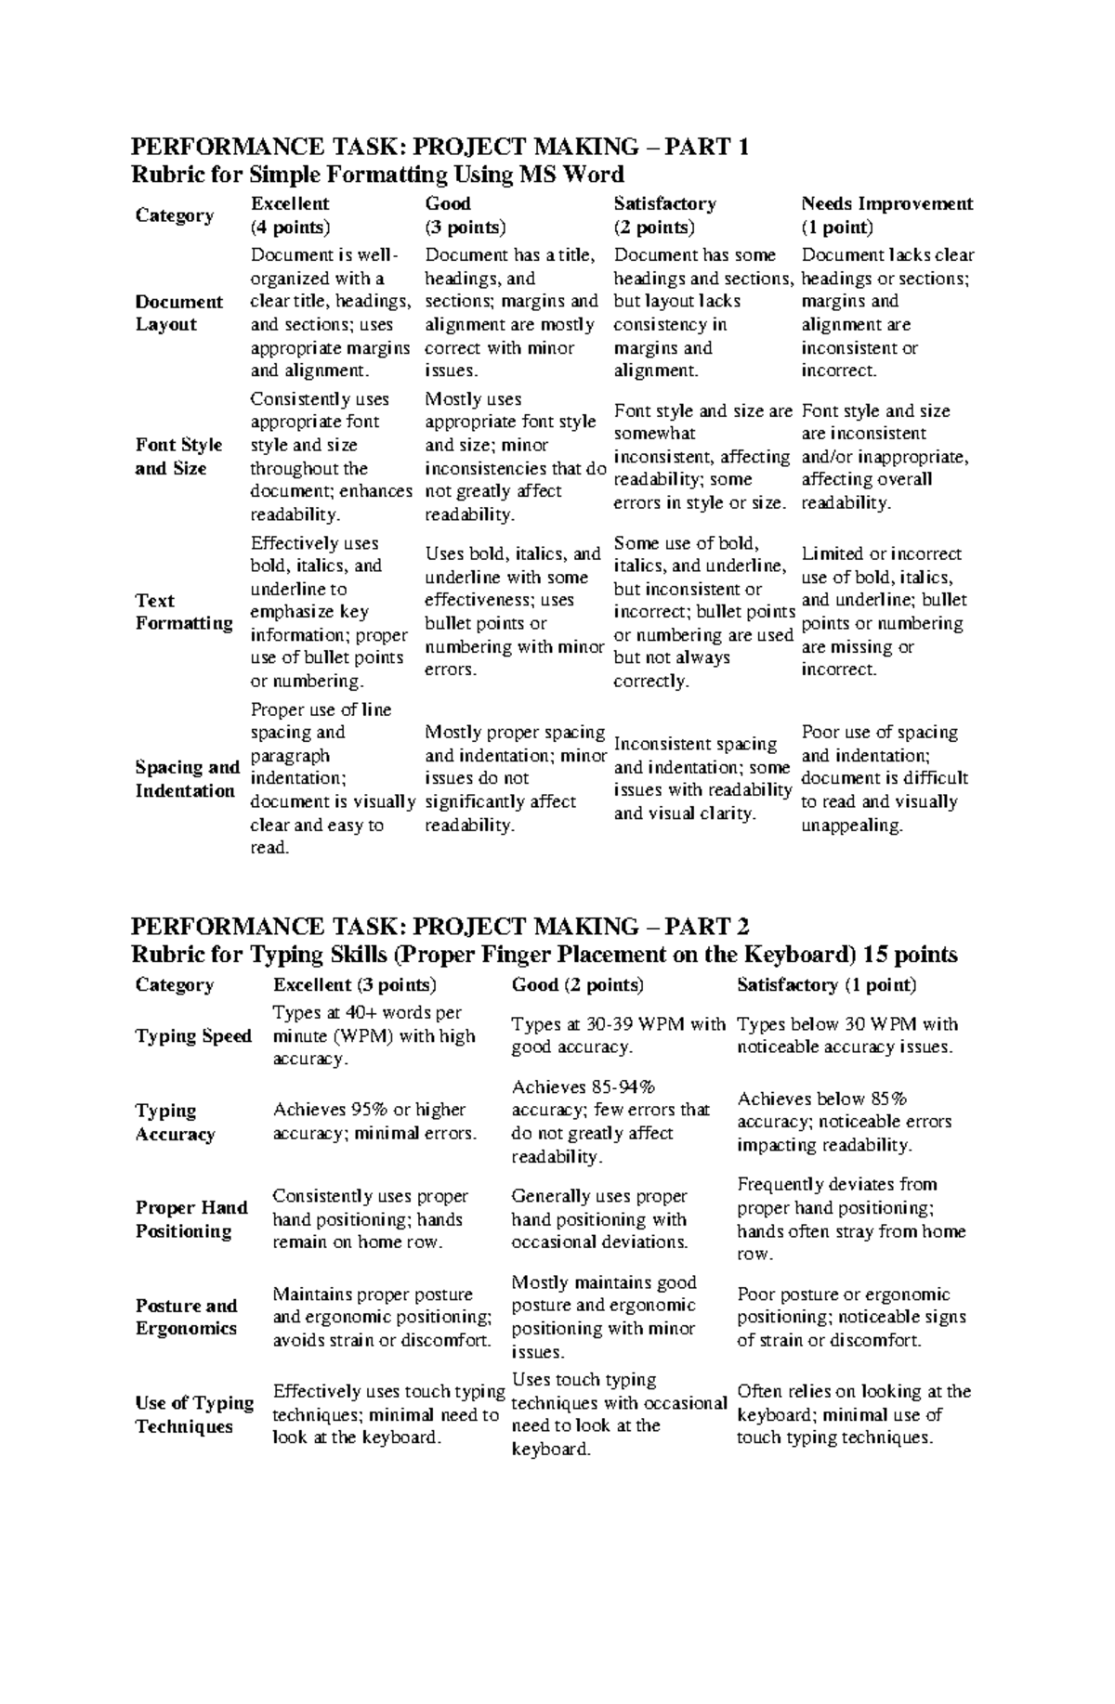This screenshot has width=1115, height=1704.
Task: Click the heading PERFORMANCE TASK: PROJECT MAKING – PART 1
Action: pyautogui.click(x=439, y=147)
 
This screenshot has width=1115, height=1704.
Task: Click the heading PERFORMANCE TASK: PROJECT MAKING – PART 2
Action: pyautogui.click(x=439, y=927)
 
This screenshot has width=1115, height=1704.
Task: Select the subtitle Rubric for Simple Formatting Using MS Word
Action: pyautogui.click(x=377, y=175)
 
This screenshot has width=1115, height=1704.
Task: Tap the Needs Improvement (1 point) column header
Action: pyautogui.click(x=886, y=215)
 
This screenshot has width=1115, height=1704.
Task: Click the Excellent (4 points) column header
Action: pyautogui.click(x=290, y=215)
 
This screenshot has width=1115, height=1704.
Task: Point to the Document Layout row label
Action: pyautogui.click(x=178, y=313)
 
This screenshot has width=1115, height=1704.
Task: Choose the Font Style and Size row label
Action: pyautogui.click(x=178, y=457)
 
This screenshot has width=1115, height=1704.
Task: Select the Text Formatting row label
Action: pyautogui.click(x=183, y=612)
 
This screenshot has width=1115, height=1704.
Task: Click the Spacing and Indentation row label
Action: pyautogui.click(x=187, y=779)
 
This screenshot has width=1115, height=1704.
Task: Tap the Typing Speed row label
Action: pyautogui.click(x=193, y=1036)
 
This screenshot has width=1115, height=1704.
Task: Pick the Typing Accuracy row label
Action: pyautogui.click(x=175, y=1123)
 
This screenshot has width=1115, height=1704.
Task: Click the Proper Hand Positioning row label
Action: pyautogui.click(x=191, y=1219)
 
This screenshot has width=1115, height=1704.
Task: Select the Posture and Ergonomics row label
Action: pyautogui.click(x=186, y=1317)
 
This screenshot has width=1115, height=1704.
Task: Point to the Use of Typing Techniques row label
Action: pyautogui.click(x=194, y=1414)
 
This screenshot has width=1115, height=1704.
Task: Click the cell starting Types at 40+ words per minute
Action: pyautogui.click(x=374, y=1036)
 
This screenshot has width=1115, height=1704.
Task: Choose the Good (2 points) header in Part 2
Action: pyautogui.click(x=577, y=985)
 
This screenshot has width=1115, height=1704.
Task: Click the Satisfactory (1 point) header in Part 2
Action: pyautogui.click(x=826, y=985)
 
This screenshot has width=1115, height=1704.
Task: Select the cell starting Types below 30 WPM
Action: pyautogui.click(x=846, y=1036)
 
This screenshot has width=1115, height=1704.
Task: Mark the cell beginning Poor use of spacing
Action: pyautogui.click(x=884, y=779)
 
